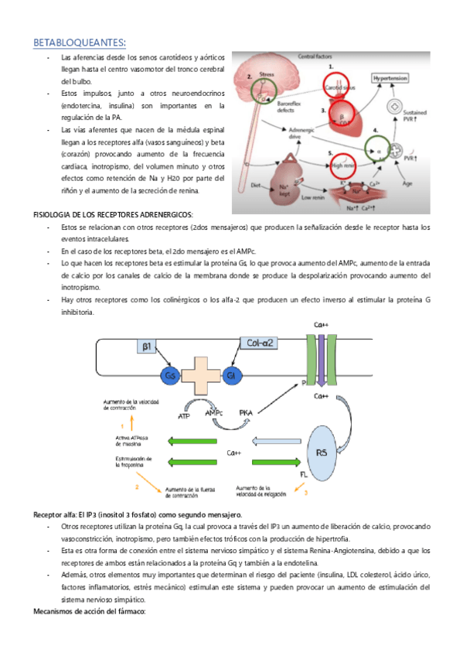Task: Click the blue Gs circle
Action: pyautogui.click(x=170, y=375)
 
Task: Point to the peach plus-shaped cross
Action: pyautogui.click(x=201, y=379)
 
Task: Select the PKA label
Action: pyautogui.click(x=246, y=412)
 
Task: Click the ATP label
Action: pyautogui.click(x=183, y=416)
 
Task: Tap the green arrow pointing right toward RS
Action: pyautogui.click(x=280, y=463)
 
